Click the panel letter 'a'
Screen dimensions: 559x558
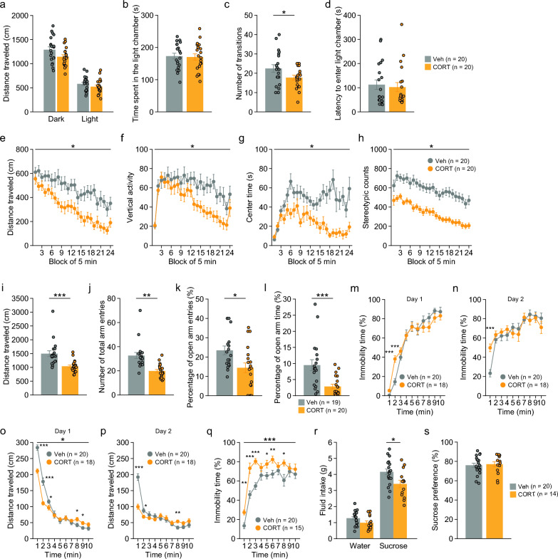click(x=5, y=6)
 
